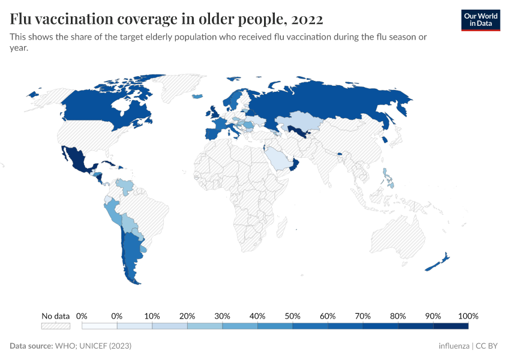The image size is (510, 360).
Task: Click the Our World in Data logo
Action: (x=480, y=20)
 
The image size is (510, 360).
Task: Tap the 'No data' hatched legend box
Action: (x=55, y=326)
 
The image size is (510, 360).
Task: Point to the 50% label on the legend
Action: (x=292, y=316)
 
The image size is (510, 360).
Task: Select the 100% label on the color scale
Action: (x=468, y=316)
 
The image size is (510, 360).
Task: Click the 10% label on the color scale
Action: (x=152, y=316)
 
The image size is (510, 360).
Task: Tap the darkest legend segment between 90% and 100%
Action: (x=451, y=326)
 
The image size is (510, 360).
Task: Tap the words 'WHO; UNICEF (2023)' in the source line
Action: (x=93, y=346)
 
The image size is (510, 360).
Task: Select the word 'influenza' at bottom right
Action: (x=454, y=346)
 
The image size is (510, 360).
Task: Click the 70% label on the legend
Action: (x=362, y=316)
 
